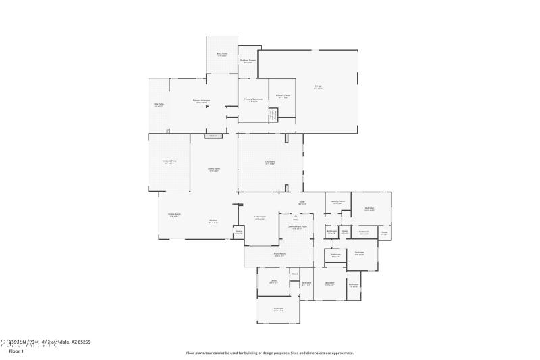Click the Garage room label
[x=318, y=86]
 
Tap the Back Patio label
[x=222, y=54]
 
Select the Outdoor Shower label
[x=248, y=61]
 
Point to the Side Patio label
[x=159, y=105]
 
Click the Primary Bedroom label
[x=201, y=101]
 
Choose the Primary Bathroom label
[x=253, y=100]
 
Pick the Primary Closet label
[x=283, y=96]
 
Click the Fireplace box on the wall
[x=213, y=136]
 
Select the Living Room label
[x=213, y=169]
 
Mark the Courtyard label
[x=270, y=162]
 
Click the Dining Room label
[x=174, y=215]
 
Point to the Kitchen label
[x=213, y=221]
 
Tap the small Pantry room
[x=238, y=232]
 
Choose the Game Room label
[x=259, y=217]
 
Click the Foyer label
[x=302, y=202]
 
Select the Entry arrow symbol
[x=295, y=215]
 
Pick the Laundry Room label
[x=337, y=202]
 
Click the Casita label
[x=273, y=281]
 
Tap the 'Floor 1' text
[x=16, y=351]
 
